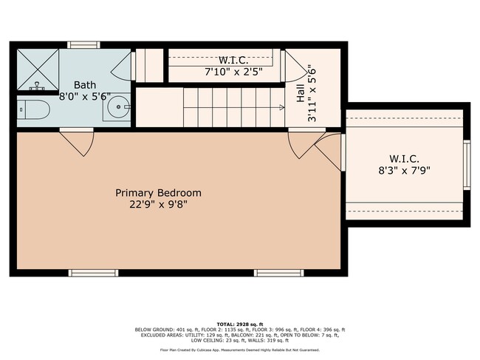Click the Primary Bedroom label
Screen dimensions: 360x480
158,193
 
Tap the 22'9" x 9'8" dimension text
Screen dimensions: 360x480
158,205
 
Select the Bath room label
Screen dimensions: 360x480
83,85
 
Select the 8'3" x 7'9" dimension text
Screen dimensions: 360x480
405,170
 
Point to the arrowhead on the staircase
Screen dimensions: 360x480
281,108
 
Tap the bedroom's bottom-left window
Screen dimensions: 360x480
94,273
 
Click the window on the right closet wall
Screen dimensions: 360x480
467,166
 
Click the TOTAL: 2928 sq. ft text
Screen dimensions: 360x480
239,323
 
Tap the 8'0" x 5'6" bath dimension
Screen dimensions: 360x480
83,97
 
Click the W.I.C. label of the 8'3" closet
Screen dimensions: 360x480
405,158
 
